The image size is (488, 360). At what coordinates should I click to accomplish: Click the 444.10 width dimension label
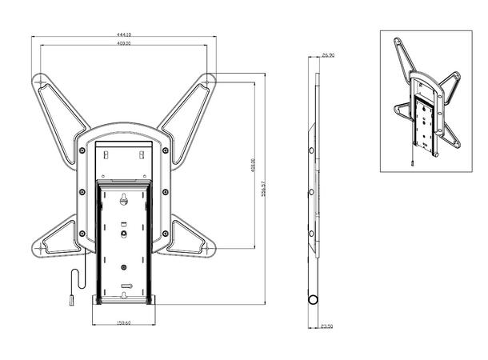[125, 34]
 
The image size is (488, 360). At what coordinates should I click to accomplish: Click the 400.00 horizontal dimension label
[125, 43]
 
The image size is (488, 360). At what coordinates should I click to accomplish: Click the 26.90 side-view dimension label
[327, 56]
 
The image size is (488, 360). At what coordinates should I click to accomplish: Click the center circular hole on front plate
[124, 234]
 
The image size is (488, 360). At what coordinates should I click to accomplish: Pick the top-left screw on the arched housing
[82, 150]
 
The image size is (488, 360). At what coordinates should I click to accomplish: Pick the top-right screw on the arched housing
[166, 150]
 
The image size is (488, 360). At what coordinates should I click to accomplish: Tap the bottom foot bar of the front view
[124, 300]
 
